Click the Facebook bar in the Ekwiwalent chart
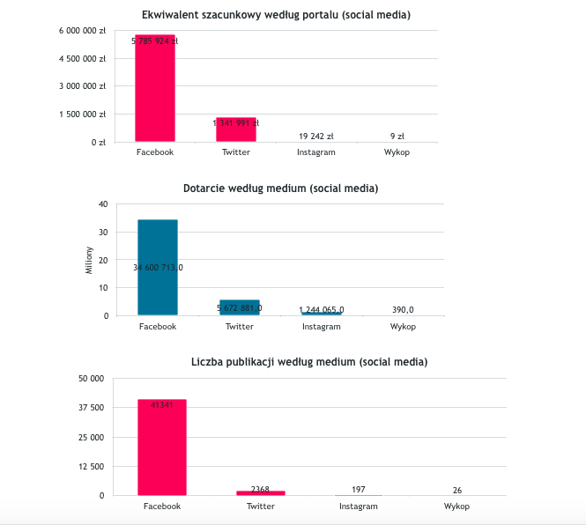pyautogui.click(x=155, y=88)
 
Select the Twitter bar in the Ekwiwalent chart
pyautogui.click(x=236, y=130)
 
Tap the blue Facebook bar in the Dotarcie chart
pyautogui.click(x=158, y=267)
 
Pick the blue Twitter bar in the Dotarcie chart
pyautogui.click(x=240, y=307)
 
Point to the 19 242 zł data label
pyautogui.click(x=315, y=137)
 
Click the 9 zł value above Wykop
pyautogui.click(x=397, y=137)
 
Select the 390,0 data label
pyautogui.click(x=403, y=309)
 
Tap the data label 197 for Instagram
pyautogui.click(x=358, y=489)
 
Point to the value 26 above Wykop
pyautogui.click(x=456, y=490)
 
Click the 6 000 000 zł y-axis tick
pyautogui.click(x=83, y=31)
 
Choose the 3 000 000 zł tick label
pyautogui.click(x=83, y=86)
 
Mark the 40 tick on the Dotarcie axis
pyautogui.click(x=103, y=204)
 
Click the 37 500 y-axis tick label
pyautogui.click(x=92, y=408)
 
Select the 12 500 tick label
pyautogui.click(x=92, y=466)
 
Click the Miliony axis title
pyautogui.click(x=88, y=260)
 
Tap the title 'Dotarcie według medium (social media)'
pyautogui.click(x=280, y=189)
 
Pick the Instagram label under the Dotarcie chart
pyautogui.click(x=321, y=327)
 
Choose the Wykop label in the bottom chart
pyautogui.click(x=456, y=507)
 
